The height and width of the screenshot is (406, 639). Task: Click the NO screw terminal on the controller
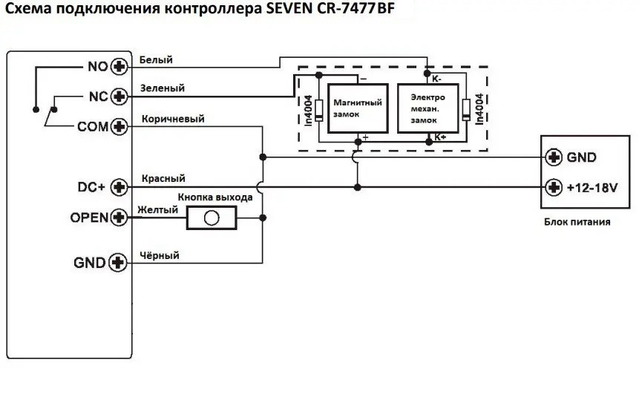119,67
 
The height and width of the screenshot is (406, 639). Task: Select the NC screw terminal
119,97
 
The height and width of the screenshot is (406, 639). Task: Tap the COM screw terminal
119,128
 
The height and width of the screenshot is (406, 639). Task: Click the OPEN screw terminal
119,218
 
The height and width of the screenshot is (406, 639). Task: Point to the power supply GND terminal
553,157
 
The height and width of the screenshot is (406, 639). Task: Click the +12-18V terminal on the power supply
553,187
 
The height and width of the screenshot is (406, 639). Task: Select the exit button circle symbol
212,218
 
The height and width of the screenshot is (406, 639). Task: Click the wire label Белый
156,59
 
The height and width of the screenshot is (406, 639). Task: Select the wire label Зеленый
162,88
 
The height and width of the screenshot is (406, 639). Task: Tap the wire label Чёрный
159,255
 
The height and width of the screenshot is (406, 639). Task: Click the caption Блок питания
577,221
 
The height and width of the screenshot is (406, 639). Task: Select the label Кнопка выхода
215,197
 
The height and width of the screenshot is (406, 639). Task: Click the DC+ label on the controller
92,187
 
